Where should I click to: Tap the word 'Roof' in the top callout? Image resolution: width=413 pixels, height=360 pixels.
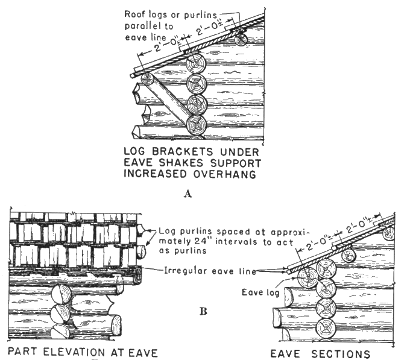pyautogui.click(x=133, y=13)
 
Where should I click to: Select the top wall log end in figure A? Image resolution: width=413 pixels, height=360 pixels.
pyautogui.click(x=197, y=63)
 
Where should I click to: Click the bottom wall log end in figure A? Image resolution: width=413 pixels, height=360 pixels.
pyautogui.click(x=197, y=125)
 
